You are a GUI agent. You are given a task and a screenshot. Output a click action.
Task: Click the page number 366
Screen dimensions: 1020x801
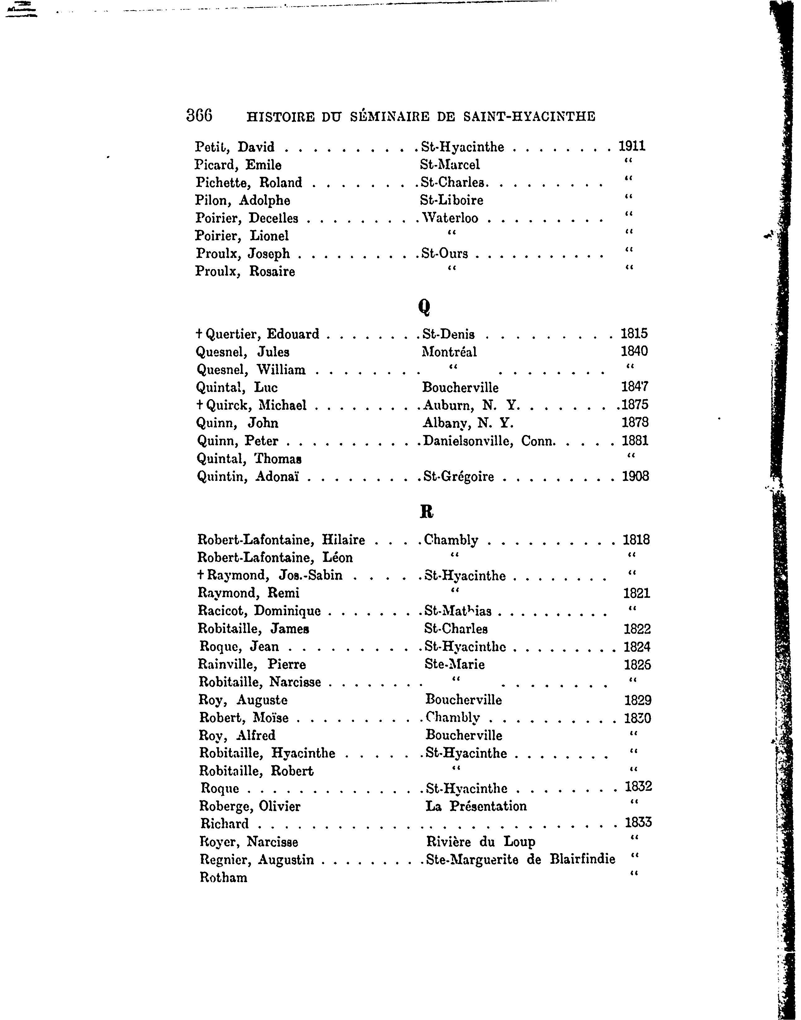(199, 115)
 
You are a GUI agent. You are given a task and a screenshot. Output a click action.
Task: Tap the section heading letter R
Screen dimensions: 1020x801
(426, 511)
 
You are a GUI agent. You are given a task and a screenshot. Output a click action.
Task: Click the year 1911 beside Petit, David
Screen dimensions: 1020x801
(632, 146)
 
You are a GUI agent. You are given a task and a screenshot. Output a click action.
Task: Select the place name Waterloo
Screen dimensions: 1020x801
(450, 218)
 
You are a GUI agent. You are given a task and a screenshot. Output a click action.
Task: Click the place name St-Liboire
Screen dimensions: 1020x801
(451, 200)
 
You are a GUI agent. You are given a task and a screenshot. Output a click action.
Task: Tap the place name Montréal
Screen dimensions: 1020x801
(449, 352)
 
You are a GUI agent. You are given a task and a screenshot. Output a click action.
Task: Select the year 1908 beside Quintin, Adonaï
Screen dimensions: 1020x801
(636, 477)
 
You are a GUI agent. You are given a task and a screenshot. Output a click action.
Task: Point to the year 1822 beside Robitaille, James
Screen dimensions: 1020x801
(637, 629)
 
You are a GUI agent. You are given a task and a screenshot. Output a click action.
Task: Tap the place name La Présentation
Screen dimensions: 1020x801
(476, 806)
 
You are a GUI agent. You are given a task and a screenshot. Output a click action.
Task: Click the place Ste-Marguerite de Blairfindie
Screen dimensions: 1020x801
(520, 859)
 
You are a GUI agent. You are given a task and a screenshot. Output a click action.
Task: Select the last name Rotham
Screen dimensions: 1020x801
(223, 877)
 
